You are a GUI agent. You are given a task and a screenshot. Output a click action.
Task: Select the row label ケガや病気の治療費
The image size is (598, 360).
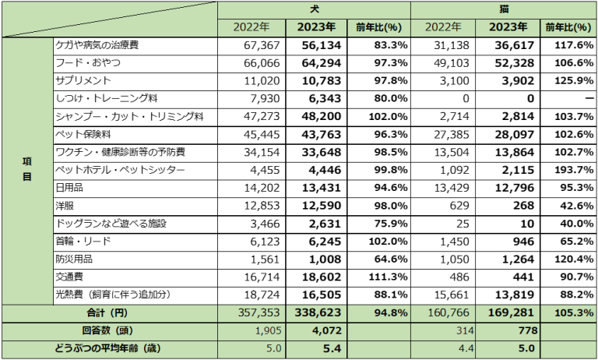tap(97, 45)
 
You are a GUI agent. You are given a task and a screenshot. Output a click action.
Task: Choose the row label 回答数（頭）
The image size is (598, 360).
tap(108, 330)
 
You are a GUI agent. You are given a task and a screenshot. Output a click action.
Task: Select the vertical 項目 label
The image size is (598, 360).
tap(26, 170)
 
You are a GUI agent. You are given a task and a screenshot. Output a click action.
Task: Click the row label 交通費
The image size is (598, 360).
tap(69, 277)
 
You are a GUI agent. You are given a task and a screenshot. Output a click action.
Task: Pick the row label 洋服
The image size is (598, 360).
tap(64, 206)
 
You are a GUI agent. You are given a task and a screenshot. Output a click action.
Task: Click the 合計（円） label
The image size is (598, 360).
tap(108, 312)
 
